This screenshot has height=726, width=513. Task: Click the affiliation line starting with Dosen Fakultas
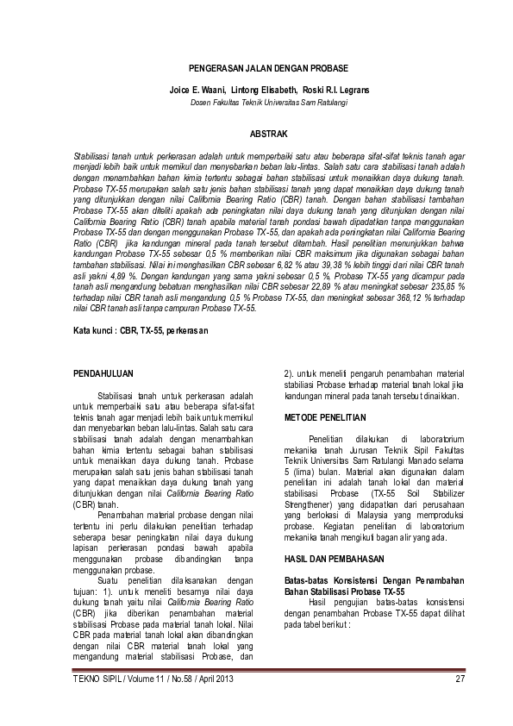pos(256,103)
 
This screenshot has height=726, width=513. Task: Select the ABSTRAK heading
pos(268,134)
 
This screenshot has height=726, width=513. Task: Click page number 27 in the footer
pos(460,679)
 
